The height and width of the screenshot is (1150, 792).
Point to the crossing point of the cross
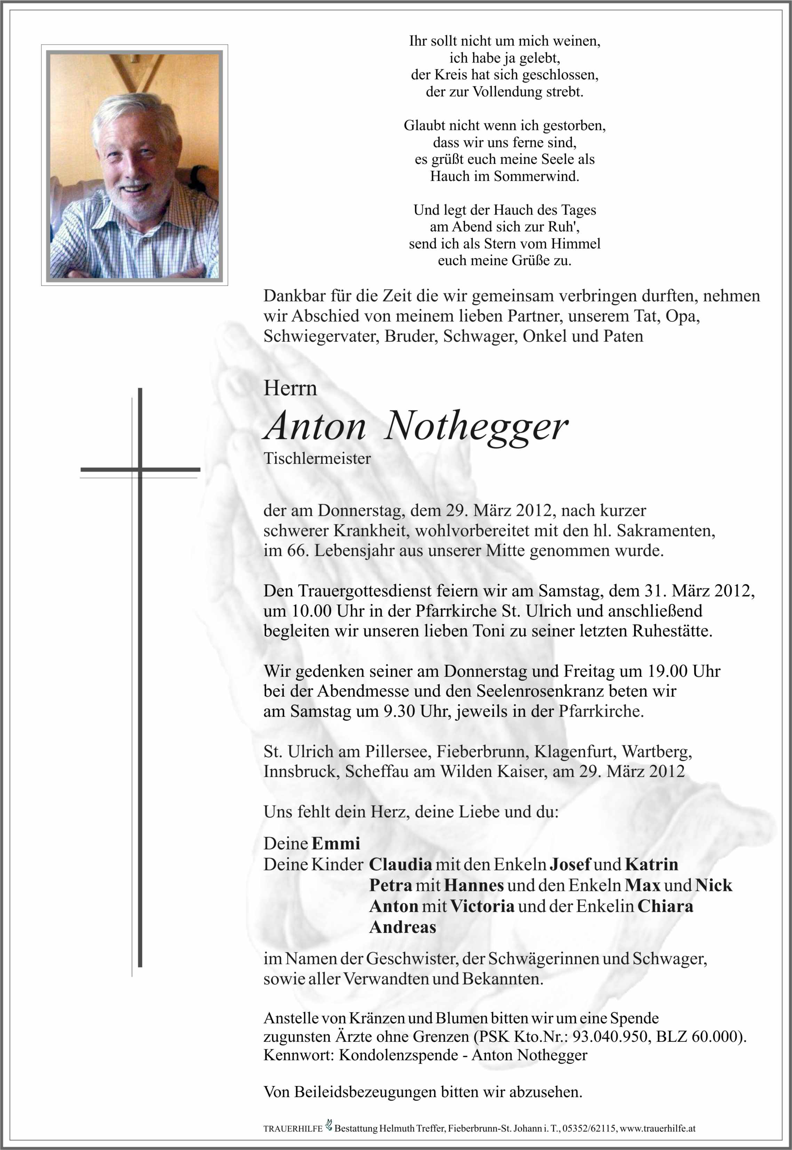click(x=140, y=469)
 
